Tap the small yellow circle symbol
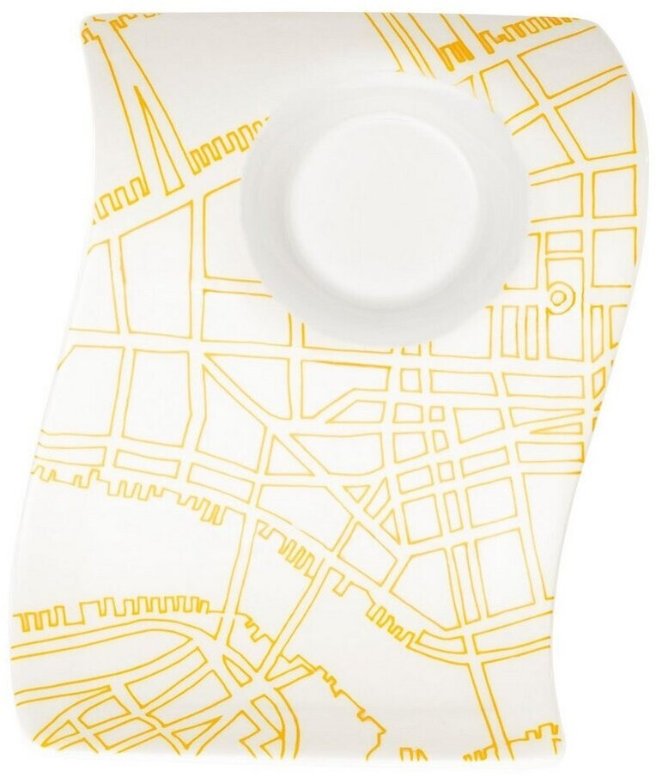point(558,297)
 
